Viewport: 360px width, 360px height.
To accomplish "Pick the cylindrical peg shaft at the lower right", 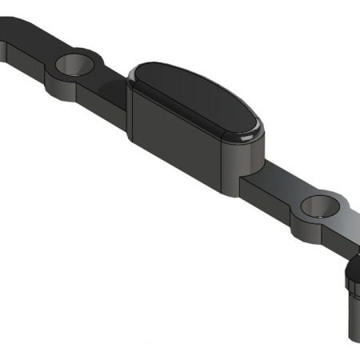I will (x=353, y=316).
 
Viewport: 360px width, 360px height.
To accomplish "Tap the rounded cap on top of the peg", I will (x=354, y=276).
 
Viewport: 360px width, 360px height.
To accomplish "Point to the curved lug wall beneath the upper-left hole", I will (x=68, y=87).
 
